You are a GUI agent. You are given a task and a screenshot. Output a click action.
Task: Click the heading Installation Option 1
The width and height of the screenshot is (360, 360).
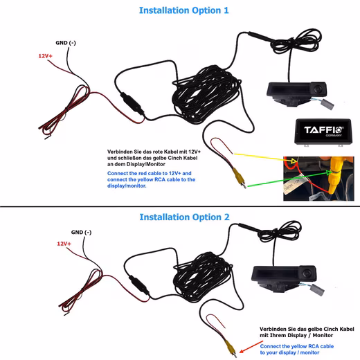[183, 10]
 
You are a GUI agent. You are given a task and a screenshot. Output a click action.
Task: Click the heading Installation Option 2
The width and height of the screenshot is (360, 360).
[184, 217]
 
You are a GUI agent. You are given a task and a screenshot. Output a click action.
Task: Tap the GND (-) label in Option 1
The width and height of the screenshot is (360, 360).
[66, 43]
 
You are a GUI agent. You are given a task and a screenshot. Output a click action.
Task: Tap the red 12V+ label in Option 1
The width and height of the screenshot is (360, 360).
[45, 56]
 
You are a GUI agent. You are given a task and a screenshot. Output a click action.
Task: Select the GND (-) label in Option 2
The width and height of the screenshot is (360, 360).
[81, 232]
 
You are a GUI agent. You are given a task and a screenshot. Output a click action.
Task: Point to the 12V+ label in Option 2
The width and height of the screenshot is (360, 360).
[64, 244]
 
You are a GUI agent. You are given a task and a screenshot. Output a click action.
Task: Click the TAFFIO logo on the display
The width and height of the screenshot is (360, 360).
[323, 130]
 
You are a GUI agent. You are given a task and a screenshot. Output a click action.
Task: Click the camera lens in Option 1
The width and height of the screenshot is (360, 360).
[318, 89]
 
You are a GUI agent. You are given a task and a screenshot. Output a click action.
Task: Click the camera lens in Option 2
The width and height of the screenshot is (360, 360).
[307, 273]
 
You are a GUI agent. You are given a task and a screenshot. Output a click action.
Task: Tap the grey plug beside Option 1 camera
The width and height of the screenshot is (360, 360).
[327, 105]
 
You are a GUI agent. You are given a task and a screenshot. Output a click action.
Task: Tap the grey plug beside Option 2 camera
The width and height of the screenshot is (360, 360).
[317, 290]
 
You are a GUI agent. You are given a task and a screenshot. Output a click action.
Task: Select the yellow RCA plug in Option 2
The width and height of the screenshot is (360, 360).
[231, 348]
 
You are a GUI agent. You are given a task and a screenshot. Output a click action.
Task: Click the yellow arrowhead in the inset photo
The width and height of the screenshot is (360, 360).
[294, 161]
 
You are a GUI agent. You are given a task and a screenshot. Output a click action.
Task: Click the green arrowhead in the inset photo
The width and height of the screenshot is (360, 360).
[329, 172]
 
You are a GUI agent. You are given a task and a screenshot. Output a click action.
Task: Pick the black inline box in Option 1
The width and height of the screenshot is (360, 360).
[132, 104]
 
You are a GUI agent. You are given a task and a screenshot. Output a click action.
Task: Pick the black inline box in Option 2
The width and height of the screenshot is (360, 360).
[139, 285]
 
